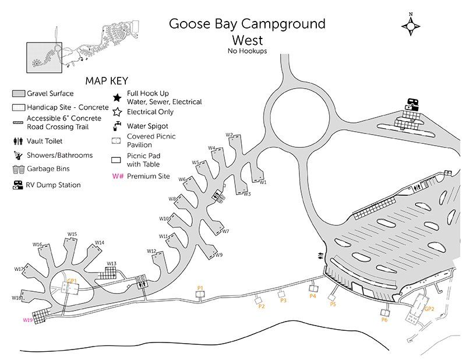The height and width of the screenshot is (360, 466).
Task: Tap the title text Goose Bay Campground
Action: click(247, 24)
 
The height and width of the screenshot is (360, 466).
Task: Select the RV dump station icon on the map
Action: click(412, 104)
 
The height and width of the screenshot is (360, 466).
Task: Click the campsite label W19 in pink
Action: click(27, 320)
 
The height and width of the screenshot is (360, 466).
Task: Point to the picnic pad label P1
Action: click(200, 288)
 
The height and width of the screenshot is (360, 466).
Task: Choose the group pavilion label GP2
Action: click(429, 309)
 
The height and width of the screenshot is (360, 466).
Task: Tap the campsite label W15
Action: click(72, 234)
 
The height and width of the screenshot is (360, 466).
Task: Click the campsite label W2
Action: click(229, 135)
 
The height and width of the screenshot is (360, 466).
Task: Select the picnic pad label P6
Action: click(384, 320)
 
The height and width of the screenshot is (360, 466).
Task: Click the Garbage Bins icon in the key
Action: click(19, 170)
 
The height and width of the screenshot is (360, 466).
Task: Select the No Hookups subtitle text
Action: click(247, 51)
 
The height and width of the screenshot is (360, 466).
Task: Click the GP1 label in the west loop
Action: click(72, 281)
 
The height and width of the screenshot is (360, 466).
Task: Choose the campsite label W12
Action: click(151, 251)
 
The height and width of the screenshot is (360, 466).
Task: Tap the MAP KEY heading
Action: click(107, 81)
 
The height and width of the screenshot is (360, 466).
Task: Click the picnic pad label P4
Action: click(313, 296)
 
